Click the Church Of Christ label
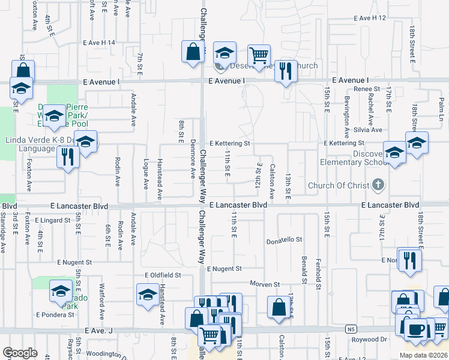click(x=338, y=185)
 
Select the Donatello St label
click(x=285, y=240)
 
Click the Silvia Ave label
click(x=367, y=130)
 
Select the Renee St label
click(x=364, y=89)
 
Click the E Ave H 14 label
click(x=98, y=43)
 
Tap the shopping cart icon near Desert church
click(x=259, y=55)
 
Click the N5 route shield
click(x=351, y=329)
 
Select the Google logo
click(x=20, y=353)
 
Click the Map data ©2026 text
click(x=424, y=355)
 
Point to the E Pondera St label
click(x=55, y=314)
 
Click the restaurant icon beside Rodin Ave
click(x=67, y=157)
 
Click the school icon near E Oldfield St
click(x=148, y=296)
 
